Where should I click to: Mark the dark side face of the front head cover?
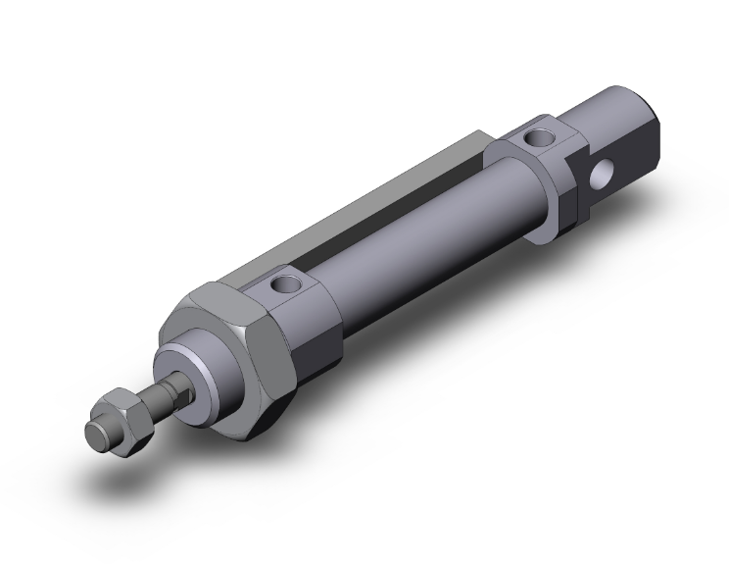[318, 333]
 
